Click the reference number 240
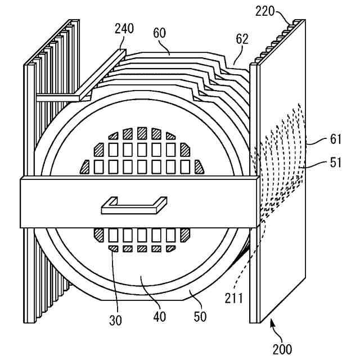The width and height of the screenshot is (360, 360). [x=124, y=29]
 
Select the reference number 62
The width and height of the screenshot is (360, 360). [x=242, y=39]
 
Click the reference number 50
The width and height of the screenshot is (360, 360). [x=200, y=316]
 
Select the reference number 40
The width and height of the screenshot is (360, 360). [x=160, y=316]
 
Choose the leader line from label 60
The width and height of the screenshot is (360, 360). [x=165, y=47]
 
